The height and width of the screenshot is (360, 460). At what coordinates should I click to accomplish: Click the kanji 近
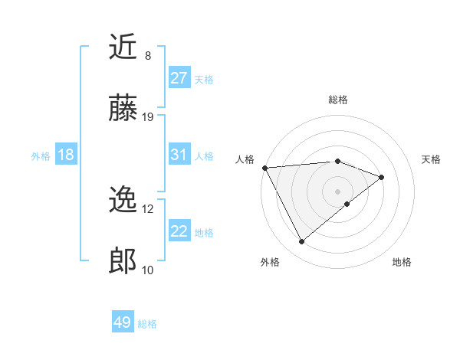pyautogui.click(x=123, y=47)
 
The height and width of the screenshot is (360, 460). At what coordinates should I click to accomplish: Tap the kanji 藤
pyautogui.click(x=123, y=109)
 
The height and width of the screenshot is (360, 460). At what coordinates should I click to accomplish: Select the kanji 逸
pyautogui.click(x=123, y=201)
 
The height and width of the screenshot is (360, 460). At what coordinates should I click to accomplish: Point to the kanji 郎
pyautogui.click(x=123, y=262)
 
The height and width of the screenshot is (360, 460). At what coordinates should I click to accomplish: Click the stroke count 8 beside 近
pyautogui.click(x=147, y=56)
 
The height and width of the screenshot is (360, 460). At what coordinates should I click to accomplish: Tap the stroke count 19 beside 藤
pyautogui.click(x=148, y=117)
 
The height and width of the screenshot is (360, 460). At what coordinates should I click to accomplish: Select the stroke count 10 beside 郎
pyautogui.click(x=148, y=270)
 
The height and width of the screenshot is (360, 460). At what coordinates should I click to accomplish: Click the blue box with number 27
pyautogui.click(x=179, y=78)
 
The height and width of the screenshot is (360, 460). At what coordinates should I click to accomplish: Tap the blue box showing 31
pyautogui.click(x=179, y=155)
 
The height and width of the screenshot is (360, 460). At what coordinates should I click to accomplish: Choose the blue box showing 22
pyautogui.click(x=179, y=231)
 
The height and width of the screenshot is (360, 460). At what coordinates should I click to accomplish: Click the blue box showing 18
pyautogui.click(x=66, y=155)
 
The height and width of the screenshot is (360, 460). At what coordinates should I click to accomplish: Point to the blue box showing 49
pyautogui.click(x=123, y=322)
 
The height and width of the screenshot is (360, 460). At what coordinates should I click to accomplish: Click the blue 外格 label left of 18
pyautogui.click(x=41, y=155)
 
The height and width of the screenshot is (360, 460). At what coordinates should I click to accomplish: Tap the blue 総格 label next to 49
pyautogui.click(x=147, y=324)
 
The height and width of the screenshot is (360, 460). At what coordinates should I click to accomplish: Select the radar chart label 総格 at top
pyautogui.click(x=338, y=100)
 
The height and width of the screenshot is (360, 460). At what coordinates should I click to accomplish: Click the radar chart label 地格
pyautogui.click(x=402, y=262)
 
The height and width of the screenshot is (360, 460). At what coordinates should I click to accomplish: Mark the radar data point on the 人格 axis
pyautogui.click(x=264, y=167)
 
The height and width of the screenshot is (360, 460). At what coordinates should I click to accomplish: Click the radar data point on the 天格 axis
pyautogui.click(x=382, y=177)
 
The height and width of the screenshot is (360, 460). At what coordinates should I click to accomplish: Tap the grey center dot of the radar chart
pyautogui.click(x=338, y=191)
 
